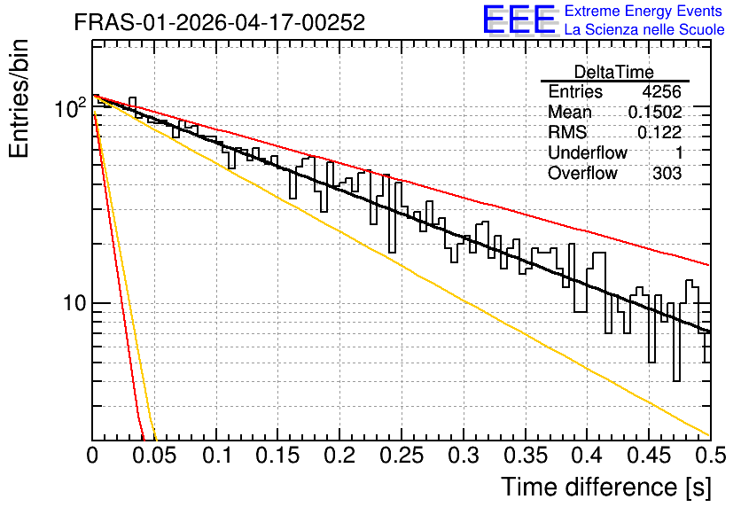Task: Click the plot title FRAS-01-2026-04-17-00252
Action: click(220, 22)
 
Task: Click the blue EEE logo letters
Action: click(519, 19)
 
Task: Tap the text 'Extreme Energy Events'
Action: click(643, 11)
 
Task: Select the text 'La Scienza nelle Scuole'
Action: click(644, 29)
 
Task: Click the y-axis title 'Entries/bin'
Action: click(19, 98)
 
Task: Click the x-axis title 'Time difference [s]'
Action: click(606, 487)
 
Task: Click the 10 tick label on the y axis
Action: click(74, 303)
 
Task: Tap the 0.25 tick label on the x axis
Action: click(402, 456)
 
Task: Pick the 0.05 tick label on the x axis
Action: click(154, 456)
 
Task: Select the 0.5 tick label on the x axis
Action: click(711, 456)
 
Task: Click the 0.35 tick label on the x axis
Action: click(526, 456)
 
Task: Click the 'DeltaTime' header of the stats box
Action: click(614, 72)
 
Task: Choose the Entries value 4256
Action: click(661, 91)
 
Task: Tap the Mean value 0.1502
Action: click(655, 112)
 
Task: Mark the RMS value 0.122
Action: click(659, 132)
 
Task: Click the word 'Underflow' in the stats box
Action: click(588, 152)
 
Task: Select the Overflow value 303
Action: click(667, 173)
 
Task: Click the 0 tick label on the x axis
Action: click(92, 456)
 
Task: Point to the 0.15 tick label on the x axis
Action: click(278, 456)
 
